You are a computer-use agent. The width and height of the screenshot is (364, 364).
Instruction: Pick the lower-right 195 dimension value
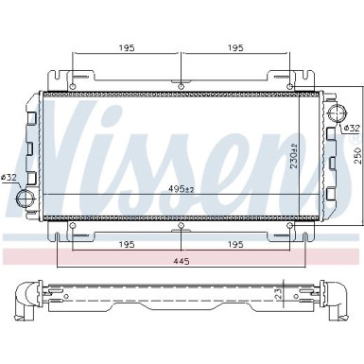pyautogui.click(x=235, y=245)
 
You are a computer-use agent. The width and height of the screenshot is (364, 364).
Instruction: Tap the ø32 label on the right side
pyautogui.click(x=350, y=128)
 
